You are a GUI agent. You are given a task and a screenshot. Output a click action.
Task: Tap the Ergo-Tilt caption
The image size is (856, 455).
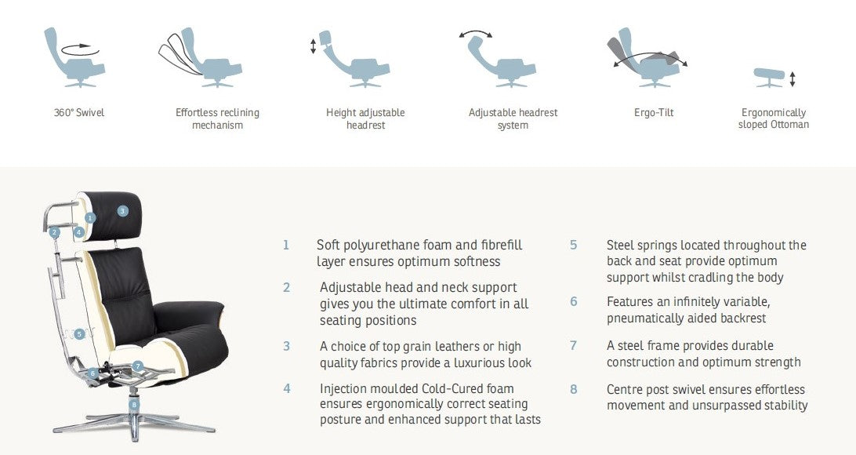[x=654, y=112]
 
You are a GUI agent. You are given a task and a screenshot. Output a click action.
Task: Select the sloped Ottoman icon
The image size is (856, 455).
[x=769, y=76]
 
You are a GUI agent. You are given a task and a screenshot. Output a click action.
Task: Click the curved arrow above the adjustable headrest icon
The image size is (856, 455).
[x=476, y=33]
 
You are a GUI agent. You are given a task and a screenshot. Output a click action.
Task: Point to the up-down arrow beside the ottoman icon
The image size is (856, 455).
[x=793, y=79]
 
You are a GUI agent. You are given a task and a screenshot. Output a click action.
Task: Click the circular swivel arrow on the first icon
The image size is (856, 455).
[x=80, y=49]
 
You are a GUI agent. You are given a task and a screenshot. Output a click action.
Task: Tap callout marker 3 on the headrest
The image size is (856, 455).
[x=123, y=211]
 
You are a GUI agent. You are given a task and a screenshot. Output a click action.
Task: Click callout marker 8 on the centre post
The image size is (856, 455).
[x=134, y=405]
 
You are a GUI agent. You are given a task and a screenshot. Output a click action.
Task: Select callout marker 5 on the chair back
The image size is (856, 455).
[x=80, y=333]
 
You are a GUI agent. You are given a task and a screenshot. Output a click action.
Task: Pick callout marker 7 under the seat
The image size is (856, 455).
[x=138, y=366]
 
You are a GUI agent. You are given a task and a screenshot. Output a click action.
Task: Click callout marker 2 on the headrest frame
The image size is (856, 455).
[x=54, y=233]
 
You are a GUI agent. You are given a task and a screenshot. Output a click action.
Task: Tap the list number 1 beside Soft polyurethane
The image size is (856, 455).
[x=285, y=246]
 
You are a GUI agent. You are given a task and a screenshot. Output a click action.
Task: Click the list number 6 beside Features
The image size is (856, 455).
[x=573, y=301]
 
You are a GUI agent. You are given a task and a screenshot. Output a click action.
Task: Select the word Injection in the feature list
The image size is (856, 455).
[x=343, y=389]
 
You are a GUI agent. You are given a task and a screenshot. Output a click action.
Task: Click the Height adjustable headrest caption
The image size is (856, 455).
[x=365, y=118]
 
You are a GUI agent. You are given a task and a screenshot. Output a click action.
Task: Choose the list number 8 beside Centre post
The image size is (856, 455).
[x=573, y=389]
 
